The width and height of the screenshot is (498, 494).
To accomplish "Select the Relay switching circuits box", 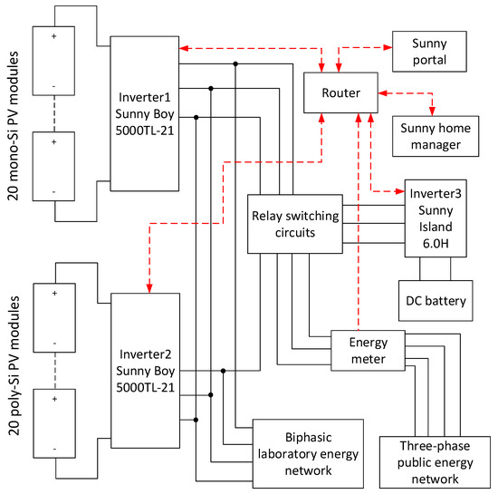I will coord(294,223).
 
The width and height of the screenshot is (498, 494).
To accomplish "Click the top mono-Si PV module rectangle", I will coord(56,63).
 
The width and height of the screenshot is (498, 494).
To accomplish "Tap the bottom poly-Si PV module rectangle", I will coord(56,423).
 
